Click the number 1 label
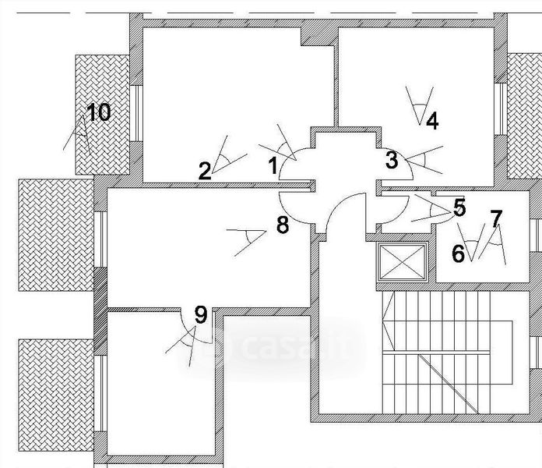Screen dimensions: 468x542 (273, 165)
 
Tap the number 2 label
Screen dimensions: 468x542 (205, 170)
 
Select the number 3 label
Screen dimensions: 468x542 (392, 161)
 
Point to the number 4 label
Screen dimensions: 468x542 (431, 122)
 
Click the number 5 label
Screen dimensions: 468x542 (459, 207)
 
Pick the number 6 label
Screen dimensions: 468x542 (458, 253)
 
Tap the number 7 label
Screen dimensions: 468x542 (496, 218)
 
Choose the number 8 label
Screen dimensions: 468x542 (282, 226)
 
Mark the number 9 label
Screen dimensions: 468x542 (200, 316)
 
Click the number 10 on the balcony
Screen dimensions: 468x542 (98, 112)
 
